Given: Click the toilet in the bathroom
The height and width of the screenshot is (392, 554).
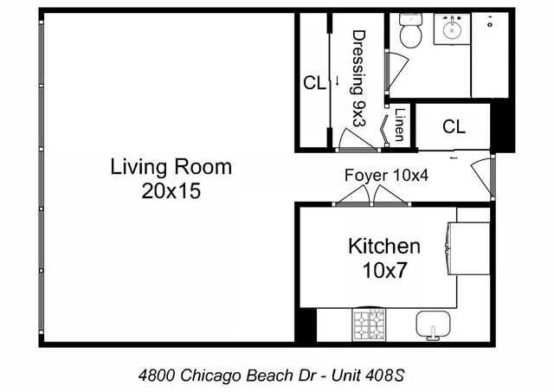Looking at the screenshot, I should click(x=409, y=33).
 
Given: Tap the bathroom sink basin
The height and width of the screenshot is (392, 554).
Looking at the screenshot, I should click(x=451, y=31).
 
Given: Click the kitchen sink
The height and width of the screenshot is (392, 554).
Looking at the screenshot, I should click(x=434, y=325).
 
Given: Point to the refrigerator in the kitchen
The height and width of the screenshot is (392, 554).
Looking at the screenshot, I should click(x=467, y=247).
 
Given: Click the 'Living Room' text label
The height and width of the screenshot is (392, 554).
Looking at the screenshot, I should click(x=171, y=166).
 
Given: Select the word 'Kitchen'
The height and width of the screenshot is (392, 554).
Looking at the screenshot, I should click(x=383, y=246).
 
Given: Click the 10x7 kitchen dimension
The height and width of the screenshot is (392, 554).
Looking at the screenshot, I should click(x=383, y=270).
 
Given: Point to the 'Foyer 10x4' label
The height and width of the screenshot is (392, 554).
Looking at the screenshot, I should click(x=387, y=175).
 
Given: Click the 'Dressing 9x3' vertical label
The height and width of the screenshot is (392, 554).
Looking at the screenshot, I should click(x=358, y=78).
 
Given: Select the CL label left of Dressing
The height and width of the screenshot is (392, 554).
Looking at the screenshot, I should click(x=313, y=83).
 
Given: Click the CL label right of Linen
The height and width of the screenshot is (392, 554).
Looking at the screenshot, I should click(x=454, y=126).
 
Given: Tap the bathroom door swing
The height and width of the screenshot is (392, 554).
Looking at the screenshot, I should click(x=395, y=69).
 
